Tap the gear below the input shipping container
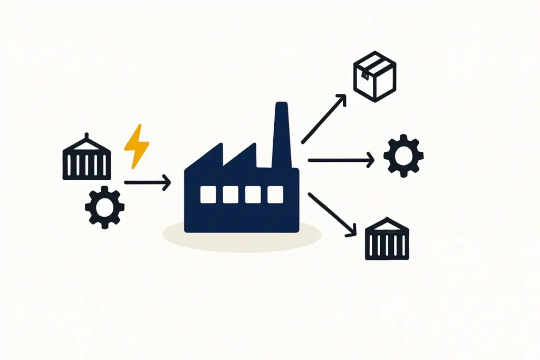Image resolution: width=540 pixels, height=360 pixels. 104,207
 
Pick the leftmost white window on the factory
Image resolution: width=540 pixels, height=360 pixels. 208,195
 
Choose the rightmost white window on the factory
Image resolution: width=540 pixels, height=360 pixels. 275,195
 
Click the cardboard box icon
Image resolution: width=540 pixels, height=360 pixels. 374,76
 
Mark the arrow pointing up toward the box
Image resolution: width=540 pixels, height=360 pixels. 323,119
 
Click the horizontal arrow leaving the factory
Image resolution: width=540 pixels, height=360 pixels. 340,160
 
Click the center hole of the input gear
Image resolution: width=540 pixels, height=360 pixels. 104,207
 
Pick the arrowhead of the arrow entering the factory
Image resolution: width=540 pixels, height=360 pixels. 167,183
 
